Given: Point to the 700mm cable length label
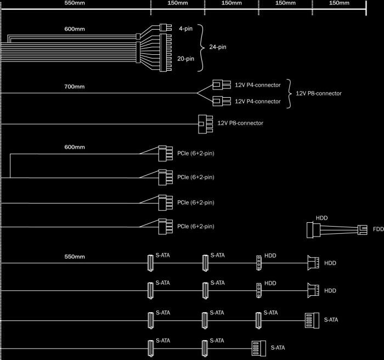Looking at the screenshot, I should [x=75, y=87].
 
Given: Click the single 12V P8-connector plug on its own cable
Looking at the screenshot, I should [x=205, y=123].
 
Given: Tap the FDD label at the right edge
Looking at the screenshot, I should [x=378, y=229].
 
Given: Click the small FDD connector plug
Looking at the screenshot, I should [x=363, y=229].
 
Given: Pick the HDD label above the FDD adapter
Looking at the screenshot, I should [x=322, y=218].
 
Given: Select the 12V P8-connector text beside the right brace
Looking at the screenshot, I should [x=318, y=93].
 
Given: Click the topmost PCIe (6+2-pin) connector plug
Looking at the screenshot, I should [x=162, y=153].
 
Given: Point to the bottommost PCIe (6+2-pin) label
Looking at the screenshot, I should [x=195, y=227].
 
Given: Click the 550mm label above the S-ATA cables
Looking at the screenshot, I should [x=75, y=256].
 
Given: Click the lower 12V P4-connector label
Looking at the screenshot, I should [x=258, y=102].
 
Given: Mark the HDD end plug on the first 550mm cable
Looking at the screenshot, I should [x=313, y=263].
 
